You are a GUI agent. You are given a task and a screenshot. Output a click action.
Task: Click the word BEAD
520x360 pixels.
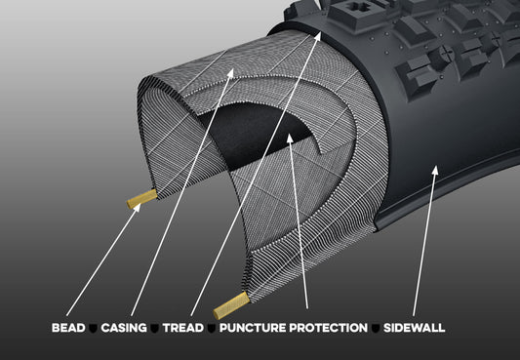[68, 328]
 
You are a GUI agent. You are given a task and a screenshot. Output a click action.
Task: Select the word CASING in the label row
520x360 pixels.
[123, 328]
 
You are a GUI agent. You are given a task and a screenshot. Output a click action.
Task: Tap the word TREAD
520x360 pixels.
[182, 328]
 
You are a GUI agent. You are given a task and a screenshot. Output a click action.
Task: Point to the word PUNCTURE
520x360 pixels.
[252, 328]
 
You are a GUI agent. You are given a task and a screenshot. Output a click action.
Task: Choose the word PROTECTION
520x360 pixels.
[329, 328]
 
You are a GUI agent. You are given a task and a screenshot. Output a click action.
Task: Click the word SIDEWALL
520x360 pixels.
[413, 328]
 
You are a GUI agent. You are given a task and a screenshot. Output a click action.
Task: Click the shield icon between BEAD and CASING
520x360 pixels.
[95, 329]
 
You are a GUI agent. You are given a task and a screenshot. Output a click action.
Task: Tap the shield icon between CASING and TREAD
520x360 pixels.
[154, 329]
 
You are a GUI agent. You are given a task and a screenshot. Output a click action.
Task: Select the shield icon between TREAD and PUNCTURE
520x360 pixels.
[211, 329]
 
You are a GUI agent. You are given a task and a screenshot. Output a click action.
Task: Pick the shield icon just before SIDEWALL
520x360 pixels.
[376, 329]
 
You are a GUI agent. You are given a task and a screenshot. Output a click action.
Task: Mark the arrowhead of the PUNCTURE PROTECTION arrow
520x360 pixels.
[290, 139]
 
